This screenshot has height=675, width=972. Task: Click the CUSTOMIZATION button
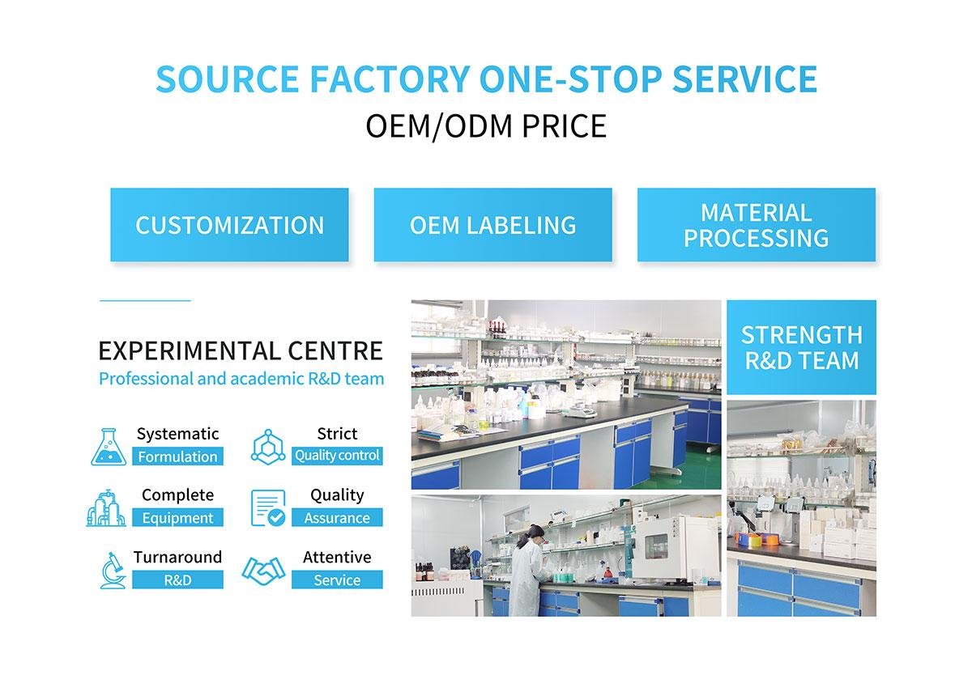[229, 225]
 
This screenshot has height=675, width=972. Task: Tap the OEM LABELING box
[492, 225]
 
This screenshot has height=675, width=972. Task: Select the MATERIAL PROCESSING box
[756, 225]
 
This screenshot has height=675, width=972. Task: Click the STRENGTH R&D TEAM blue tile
[801, 347]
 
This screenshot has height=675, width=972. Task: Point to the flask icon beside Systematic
[109, 447]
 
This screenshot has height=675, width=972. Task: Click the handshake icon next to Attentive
[263, 571]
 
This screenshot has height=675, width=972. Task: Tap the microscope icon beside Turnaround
[112, 570]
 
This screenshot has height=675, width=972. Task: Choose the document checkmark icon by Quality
[267, 508]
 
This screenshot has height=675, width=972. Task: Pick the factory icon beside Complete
[107, 508]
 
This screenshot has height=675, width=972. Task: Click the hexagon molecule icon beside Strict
[267, 446]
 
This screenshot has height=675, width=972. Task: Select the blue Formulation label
[177, 456]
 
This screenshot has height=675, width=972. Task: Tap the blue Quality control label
[337, 456]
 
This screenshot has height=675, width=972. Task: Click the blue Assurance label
[337, 518]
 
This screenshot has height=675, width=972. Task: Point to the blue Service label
[337, 580]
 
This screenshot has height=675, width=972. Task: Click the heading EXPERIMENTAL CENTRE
[241, 351]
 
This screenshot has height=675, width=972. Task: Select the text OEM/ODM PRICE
[486, 126]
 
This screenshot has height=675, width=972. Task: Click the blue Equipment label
[177, 518]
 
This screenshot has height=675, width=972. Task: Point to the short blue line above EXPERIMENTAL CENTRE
[145, 301]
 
